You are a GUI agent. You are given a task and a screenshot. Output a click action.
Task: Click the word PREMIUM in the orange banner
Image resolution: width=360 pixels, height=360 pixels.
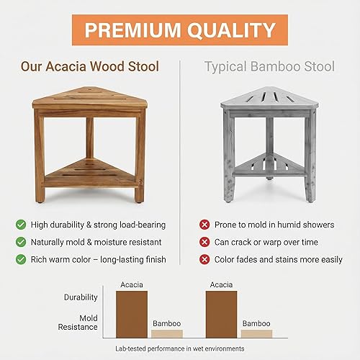click(x=129, y=30)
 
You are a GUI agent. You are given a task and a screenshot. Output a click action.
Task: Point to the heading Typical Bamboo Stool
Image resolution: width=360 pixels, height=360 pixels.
click(x=269, y=67)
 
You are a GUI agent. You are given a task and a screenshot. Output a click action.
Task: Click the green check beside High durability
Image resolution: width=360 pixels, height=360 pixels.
click(x=21, y=225)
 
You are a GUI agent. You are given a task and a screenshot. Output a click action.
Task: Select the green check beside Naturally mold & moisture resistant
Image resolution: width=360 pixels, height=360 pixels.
click(x=21, y=242)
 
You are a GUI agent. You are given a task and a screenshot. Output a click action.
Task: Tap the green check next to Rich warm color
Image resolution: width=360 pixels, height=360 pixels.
click(x=21, y=259)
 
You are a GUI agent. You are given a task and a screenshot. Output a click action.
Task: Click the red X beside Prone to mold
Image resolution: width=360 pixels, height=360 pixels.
click(x=204, y=225)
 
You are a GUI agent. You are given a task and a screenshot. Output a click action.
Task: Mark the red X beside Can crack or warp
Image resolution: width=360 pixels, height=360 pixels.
click(x=204, y=242)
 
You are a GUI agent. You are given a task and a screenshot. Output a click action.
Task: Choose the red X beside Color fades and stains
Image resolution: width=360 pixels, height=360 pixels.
click(x=204, y=259)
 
